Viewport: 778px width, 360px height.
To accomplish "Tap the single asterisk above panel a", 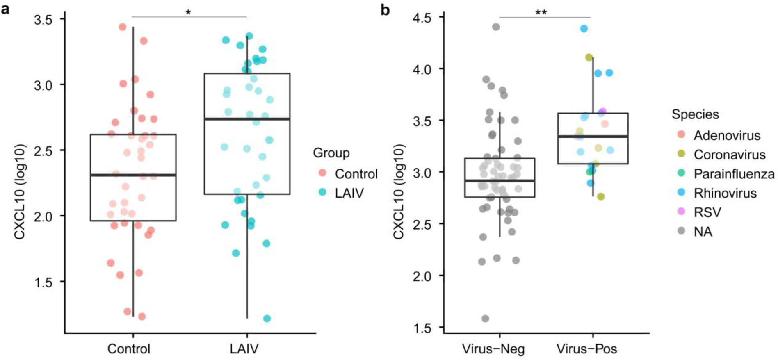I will (x=188, y=12).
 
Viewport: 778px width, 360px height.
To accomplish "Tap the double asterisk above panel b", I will (x=541, y=12).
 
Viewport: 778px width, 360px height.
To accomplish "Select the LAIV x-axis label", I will (x=244, y=349).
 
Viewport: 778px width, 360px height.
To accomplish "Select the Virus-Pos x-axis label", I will (x=586, y=349).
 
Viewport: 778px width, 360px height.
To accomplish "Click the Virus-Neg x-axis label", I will (x=493, y=349).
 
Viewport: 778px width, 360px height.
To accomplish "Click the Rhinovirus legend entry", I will (x=725, y=193).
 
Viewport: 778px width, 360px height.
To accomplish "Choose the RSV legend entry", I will (x=707, y=212).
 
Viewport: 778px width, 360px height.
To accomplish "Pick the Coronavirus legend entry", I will (x=729, y=155).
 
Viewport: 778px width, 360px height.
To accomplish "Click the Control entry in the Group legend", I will (x=356, y=174).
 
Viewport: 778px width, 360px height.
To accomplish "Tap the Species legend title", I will (x=695, y=114).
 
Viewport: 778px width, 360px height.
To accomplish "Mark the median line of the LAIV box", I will (x=247, y=119).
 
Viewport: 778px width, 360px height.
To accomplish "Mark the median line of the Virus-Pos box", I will (x=593, y=137).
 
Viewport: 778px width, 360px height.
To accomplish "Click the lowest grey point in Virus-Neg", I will (x=485, y=319).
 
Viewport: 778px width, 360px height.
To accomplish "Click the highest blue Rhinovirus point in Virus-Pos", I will (x=584, y=29).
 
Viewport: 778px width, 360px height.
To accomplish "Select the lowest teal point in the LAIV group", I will (x=267, y=319).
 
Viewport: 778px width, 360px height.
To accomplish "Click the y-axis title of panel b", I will (x=398, y=191).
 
